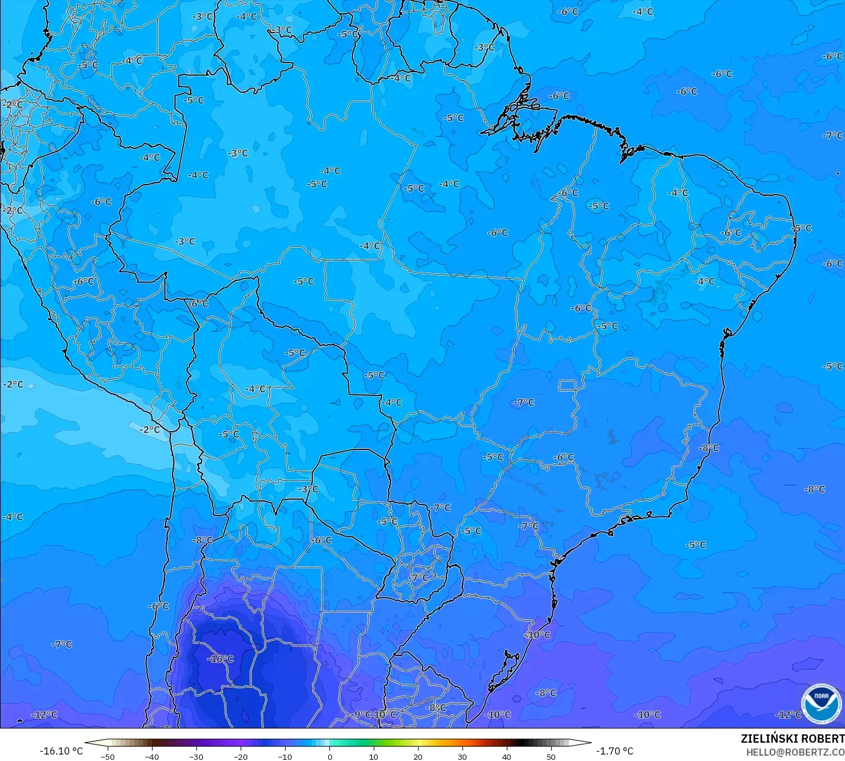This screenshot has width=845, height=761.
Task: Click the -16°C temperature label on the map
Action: (x=220, y=659)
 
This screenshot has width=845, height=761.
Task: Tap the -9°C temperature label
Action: (x=361, y=714)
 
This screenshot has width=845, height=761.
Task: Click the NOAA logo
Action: (x=821, y=704)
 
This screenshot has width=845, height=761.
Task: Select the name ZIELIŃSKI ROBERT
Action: (x=792, y=739)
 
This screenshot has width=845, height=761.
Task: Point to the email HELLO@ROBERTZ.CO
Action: (x=795, y=752)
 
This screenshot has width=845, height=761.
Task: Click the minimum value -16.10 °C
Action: (x=61, y=751)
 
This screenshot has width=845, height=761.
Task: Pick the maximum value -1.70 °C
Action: (x=614, y=751)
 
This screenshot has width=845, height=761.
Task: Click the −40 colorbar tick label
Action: (x=152, y=756)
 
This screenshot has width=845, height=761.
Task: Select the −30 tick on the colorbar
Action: (x=196, y=756)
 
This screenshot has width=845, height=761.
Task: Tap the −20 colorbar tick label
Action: (x=241, y=756)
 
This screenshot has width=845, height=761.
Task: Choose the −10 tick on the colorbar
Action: (x=285, y=756)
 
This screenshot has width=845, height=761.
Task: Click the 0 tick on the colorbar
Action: (x=330, y=756)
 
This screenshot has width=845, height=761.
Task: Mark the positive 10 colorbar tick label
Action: (x=374, y=756)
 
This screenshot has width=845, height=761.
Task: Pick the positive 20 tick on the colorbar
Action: (x=418, y=756)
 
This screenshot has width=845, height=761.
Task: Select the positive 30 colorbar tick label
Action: (x=462, y=756)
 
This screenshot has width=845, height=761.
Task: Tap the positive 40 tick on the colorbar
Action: (x=507, y=756)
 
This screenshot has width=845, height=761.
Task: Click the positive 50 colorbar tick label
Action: (x=551, y=756)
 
